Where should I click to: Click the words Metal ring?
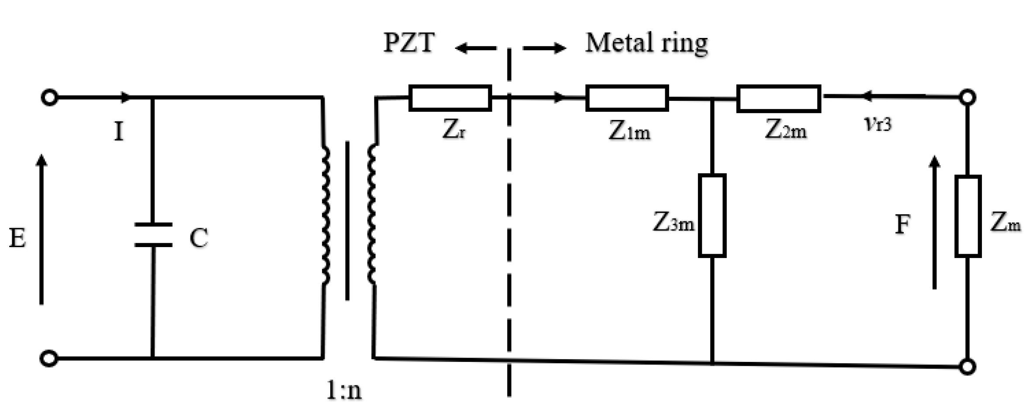point(646,43)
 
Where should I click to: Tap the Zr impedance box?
point(450,98)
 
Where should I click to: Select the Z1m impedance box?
point(627,98)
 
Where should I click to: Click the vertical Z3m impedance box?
point(712,215)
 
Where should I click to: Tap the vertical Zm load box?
point(967,216)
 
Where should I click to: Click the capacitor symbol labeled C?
point(153,235)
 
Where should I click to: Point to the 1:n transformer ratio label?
point(344,391)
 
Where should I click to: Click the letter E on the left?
point(17,239)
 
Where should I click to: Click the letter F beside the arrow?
point(902,225)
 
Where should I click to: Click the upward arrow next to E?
point(41,229)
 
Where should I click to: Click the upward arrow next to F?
point(934,223)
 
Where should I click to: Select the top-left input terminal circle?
point(49,97)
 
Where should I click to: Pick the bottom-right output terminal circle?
point(967,367)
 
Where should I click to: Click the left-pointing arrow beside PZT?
point(475,48)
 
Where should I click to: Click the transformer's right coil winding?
point(372,214)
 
